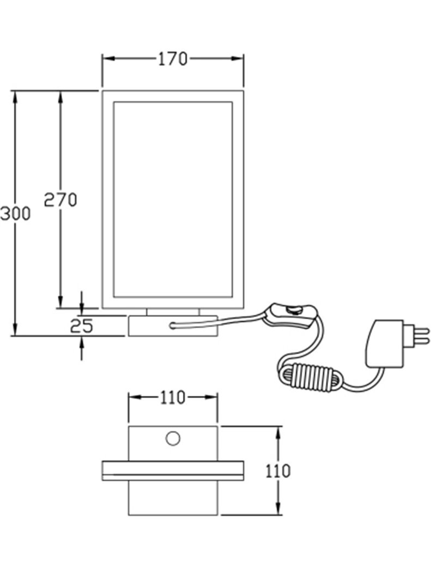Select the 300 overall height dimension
15,214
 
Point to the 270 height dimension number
60,200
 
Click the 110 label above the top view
173,398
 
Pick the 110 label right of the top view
278,471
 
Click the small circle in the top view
173,438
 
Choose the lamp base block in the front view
173,325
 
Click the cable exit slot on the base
173,326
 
